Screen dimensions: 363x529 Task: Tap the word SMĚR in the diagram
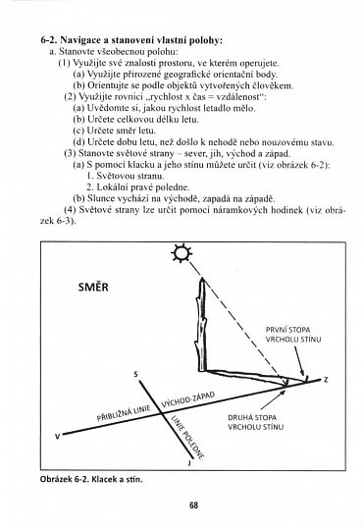100,289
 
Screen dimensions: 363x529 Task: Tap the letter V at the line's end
56,434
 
